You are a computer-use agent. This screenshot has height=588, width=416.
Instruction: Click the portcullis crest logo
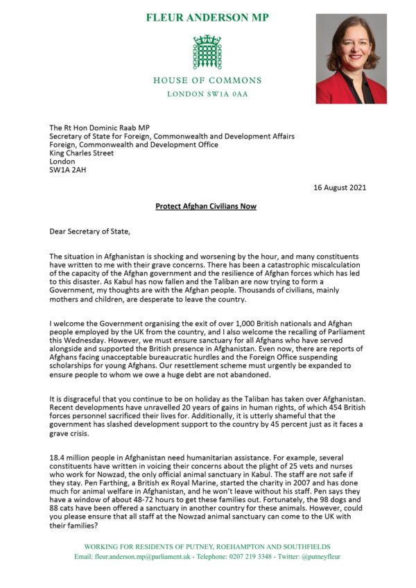(207, 52)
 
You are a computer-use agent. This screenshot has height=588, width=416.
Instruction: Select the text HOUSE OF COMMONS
(207, 80)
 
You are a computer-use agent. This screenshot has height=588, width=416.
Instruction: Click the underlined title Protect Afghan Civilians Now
(207, 207)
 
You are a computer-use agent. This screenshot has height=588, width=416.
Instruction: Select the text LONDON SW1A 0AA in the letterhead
(207, 94)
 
